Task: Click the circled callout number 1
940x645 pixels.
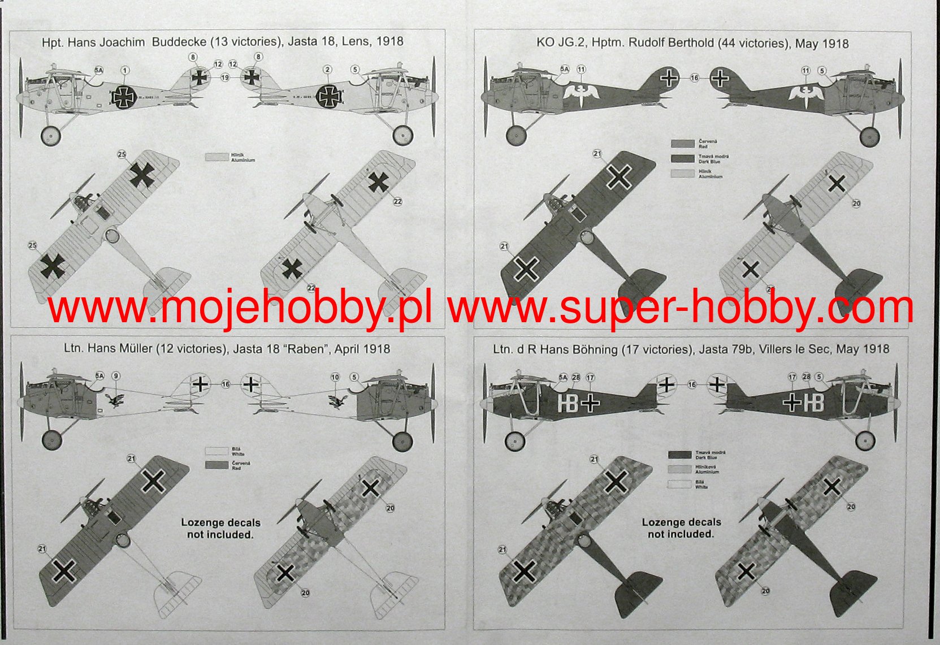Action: coord(125,71)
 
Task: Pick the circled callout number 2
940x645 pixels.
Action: coord(327,70)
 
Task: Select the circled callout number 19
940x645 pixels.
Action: coord(225,77)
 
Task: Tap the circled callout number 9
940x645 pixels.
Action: coord(116,376)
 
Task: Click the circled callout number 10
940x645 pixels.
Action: coord(335,377)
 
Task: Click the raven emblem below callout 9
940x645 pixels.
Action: coord(114,401)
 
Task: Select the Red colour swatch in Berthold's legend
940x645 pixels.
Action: coord(682,144)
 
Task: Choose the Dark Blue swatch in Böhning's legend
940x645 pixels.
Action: coord(679,454)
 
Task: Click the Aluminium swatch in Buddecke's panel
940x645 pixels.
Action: coord(216,158)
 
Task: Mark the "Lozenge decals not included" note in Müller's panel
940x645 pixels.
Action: coord(220,529)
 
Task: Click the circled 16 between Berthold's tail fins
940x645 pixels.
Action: coord(694,78)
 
